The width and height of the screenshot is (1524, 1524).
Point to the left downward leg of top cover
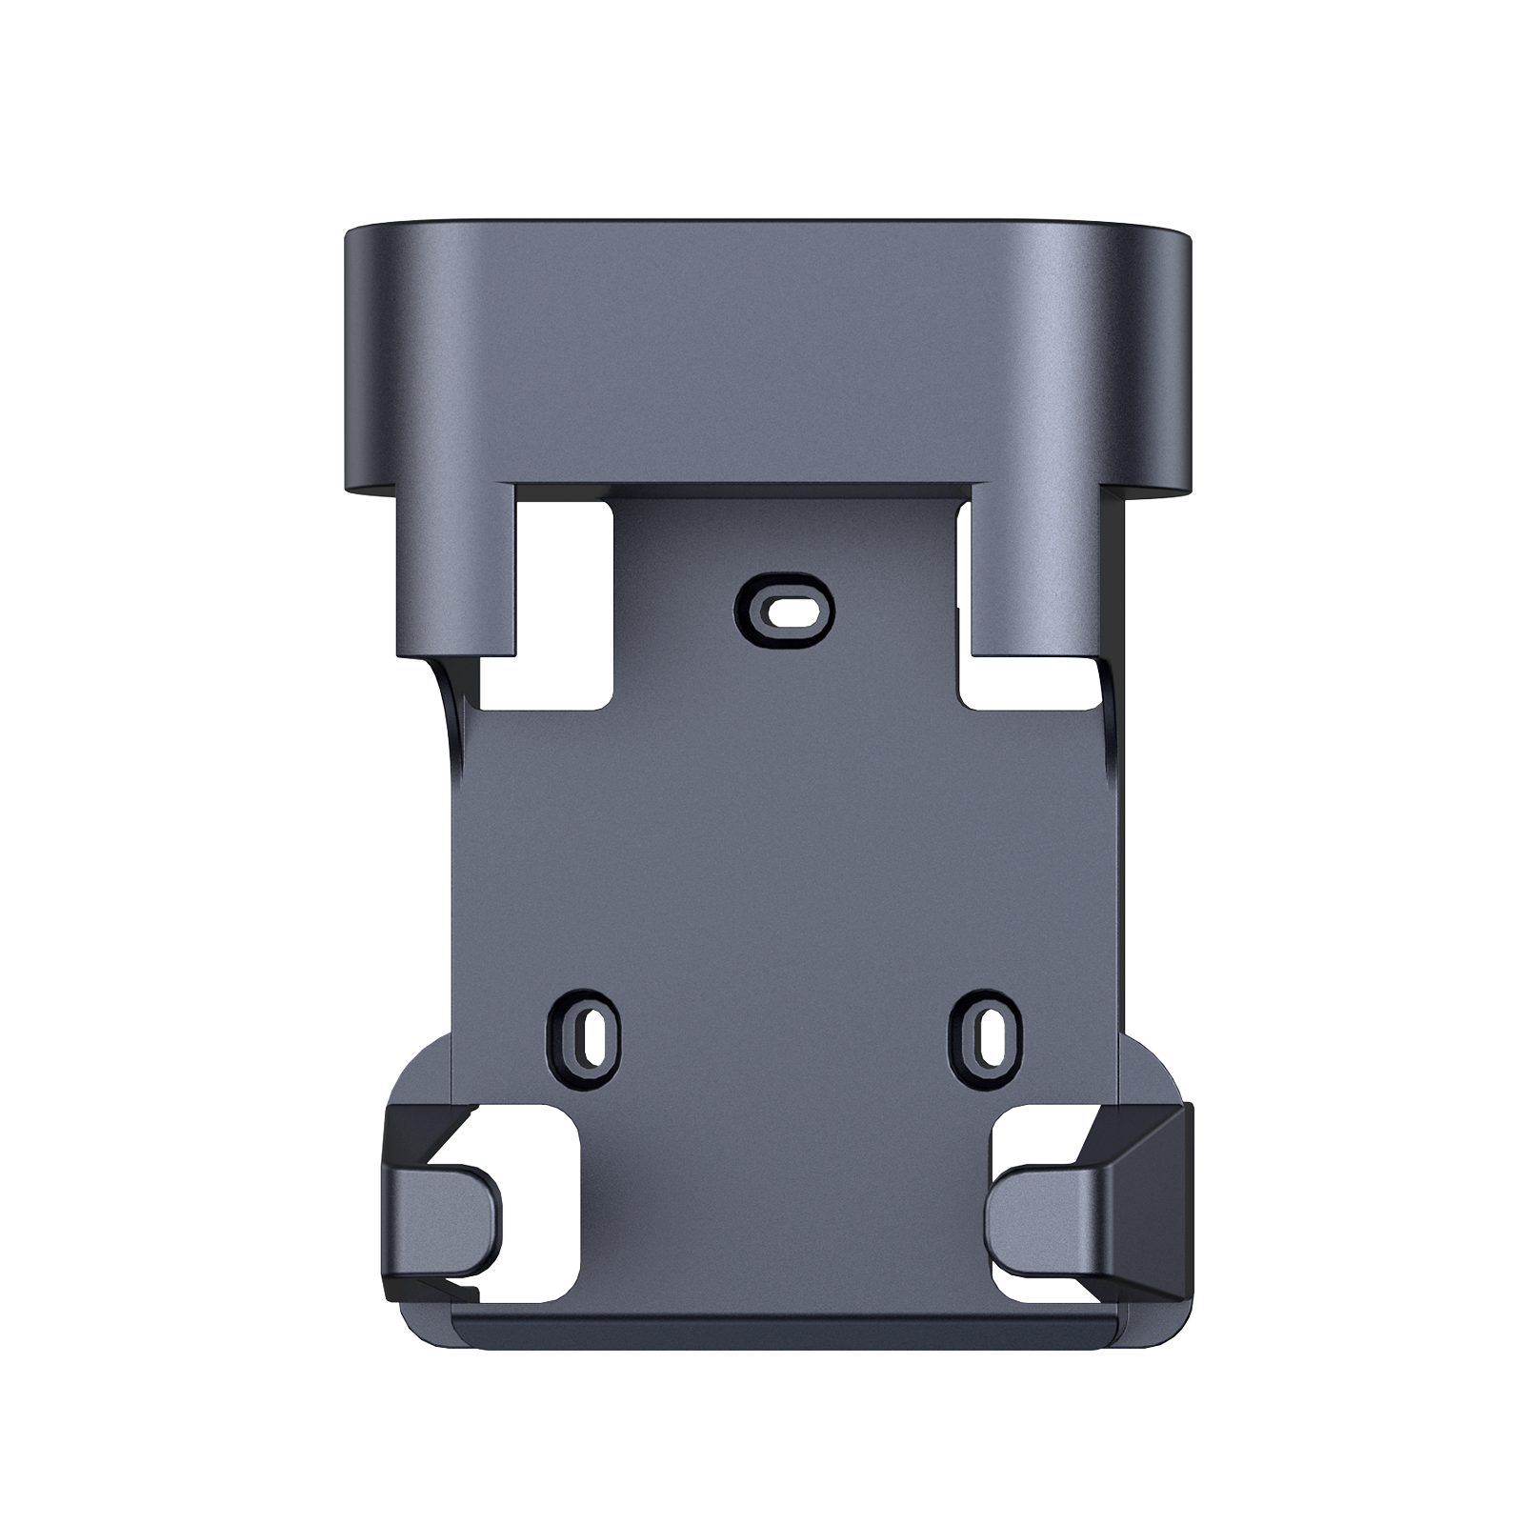(x=455, y=571)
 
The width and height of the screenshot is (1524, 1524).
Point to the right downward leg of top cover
(x=1038, y=571)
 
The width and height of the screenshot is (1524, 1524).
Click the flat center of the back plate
(x=786, y=838)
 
